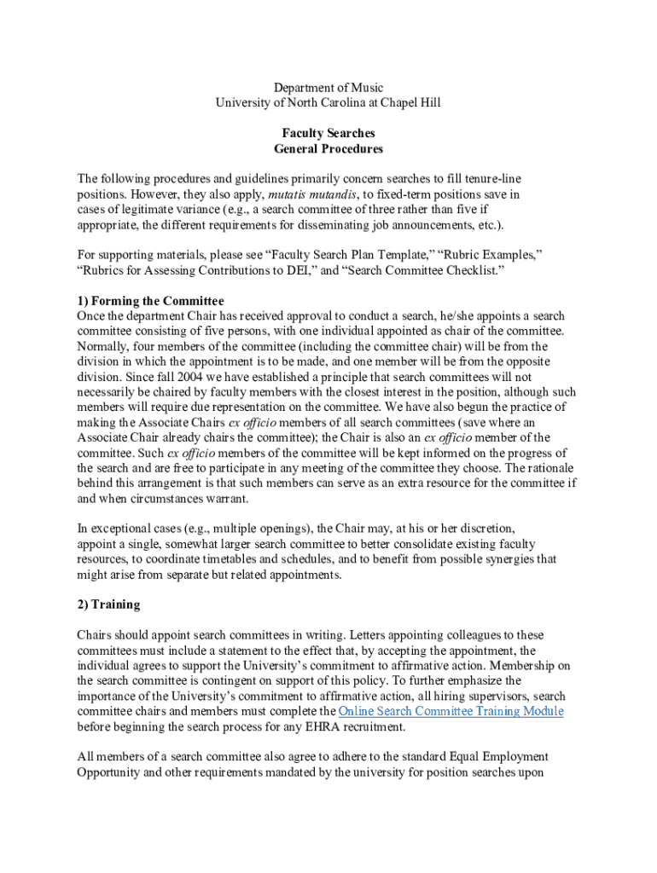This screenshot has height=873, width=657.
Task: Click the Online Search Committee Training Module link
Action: coord(451,711)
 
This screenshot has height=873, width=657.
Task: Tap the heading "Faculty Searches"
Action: coord(328,133)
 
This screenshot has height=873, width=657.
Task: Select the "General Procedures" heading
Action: coord(328,148)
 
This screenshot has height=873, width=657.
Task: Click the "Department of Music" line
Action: coord(328,87)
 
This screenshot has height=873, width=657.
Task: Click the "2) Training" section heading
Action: coord(108,604)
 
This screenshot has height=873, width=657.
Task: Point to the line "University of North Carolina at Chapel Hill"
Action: coord(328,102)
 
